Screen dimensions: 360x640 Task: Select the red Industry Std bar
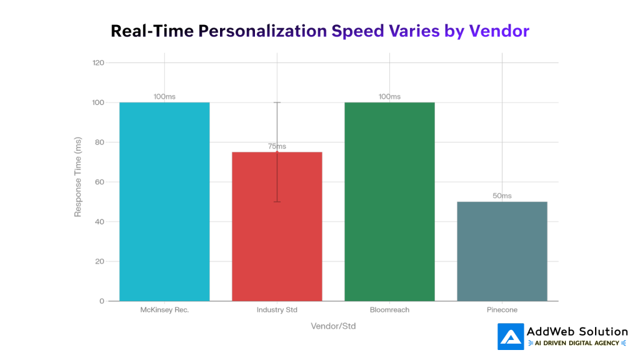coord(277,250)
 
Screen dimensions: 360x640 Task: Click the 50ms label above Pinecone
coord(502,196)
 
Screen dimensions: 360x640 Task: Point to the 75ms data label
coord(277,146)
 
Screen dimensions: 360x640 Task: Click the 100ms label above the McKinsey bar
coord(164,96)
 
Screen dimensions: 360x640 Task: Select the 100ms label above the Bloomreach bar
coord(389,96)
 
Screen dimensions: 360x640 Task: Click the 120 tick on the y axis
coord(97,62)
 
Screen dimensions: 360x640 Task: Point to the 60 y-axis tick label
coord(99,182)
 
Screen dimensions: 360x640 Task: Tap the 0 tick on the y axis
coord(101,301)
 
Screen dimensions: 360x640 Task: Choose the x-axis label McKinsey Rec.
coord(164,310)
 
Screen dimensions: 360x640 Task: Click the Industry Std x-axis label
coord(277,310)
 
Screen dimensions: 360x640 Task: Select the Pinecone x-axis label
coord(502,310)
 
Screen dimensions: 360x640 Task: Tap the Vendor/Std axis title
coord(333,326)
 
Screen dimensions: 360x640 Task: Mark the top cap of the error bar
coord(277,102)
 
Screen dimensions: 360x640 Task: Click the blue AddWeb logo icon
coord(511,336)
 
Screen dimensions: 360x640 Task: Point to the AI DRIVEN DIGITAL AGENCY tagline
coord(577,343)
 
